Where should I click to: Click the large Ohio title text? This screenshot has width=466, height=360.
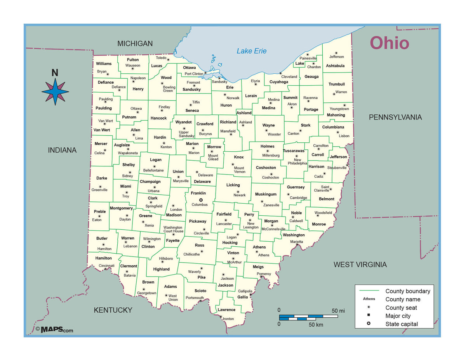(x=389, y=43)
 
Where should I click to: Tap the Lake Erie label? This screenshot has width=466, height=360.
(x=252, y=51)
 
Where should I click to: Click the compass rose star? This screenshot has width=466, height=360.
(x=55, y=92)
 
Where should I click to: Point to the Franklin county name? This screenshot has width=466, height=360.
(x=198, y=193)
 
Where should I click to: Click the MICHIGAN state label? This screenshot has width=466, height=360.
(x=135, y=44)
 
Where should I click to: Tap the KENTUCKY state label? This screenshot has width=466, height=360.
(x=113, y=310)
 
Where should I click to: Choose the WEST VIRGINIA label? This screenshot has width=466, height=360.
(x=360, y=265)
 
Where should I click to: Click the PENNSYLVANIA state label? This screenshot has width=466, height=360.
(x=395, y=117)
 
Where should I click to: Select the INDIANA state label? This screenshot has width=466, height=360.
(x=62, y=150)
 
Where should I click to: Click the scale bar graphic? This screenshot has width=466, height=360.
(x=308, y=317)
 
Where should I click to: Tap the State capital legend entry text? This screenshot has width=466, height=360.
(x=402, y=324)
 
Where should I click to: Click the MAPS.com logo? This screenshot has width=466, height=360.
(x=54, y=330)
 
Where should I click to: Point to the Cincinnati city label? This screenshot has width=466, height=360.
(x=106, y=266)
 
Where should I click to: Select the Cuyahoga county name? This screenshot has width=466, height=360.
(x=279, y=82)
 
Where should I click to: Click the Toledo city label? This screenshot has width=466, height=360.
(x=161, y=58)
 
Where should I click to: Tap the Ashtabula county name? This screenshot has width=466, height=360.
(x=335, y=66)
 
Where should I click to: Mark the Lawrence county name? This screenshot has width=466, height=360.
(x=226, y=310)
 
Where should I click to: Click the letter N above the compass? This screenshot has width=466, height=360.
(x=55, y=73)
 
